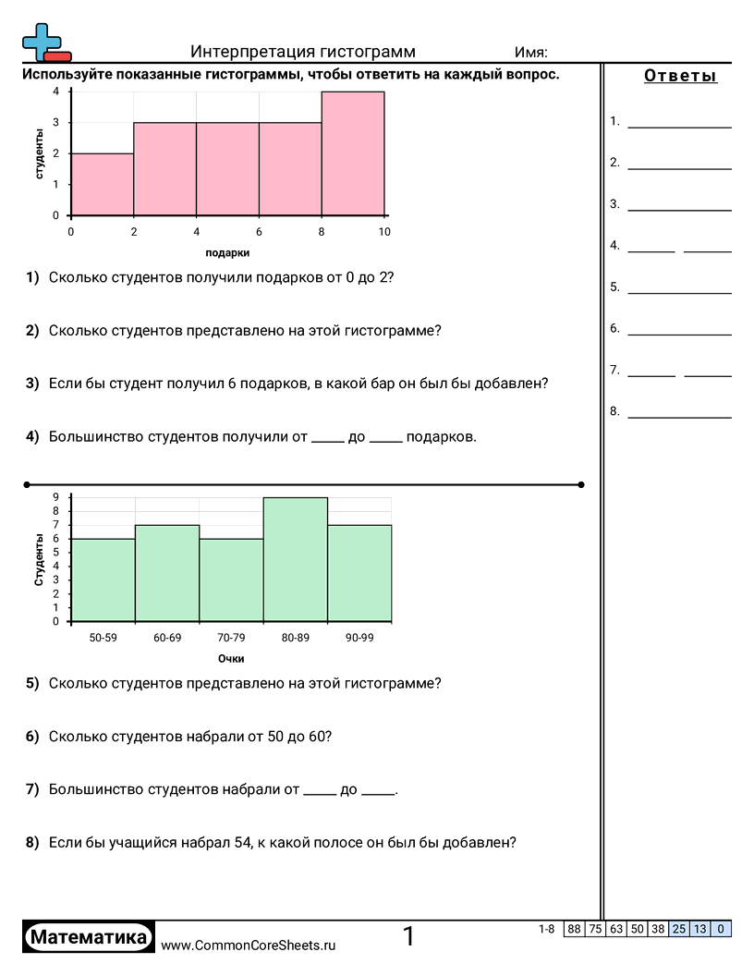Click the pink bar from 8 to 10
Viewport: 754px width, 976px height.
click(x=353, y=153)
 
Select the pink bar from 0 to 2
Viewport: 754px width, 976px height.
click(x=103, y=184)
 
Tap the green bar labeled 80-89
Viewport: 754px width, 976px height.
click(x=296, y=559)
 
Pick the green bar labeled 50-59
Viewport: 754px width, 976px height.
click(x=103, y=579)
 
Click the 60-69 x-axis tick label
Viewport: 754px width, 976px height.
click(x=167, y=638)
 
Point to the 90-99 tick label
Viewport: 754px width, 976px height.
click(x=359, y=638)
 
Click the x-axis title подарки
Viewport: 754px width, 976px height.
click(x=227, y=252)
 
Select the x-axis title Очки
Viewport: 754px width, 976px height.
click(x=231, y=659)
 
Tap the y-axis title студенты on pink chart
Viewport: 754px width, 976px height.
click(x=40, y=154)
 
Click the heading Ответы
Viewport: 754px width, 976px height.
click(x=680, y=77)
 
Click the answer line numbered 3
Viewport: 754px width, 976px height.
click(x=679, y=210)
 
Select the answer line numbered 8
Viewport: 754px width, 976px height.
click(x=679, y=417)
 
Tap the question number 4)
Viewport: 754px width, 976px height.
click(x=32, y=437)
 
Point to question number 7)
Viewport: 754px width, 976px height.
click(x=32, y=789)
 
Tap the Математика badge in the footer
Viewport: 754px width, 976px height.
click(x=89, y=938)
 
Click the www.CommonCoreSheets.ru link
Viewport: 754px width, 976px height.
click(x=248, y=945)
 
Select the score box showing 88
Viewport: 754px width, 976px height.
click(x=574, y=929)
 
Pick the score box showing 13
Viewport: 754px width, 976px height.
click(x=700, y=929)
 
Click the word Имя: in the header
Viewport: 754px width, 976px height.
click(x=530, y=52)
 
